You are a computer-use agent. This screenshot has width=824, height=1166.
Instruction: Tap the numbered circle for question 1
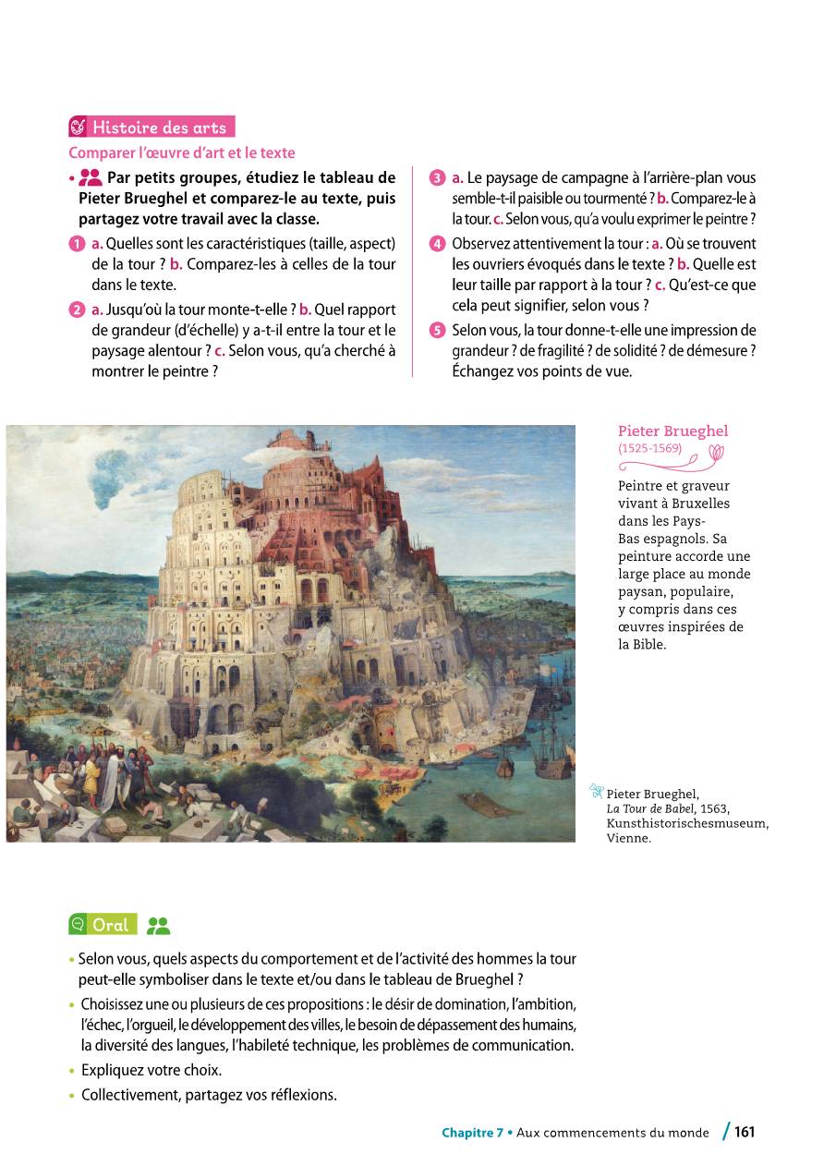point(76,244)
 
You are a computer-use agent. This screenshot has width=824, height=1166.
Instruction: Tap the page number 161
point(745,1132)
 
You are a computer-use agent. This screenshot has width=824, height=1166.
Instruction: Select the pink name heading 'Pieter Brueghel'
point(673,431)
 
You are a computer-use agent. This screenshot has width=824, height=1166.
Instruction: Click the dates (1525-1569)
point(649,449)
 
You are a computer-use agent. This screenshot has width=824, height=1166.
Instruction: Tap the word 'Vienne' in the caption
point(629,839)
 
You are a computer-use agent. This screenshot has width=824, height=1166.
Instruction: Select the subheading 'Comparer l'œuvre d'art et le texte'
point(182,152)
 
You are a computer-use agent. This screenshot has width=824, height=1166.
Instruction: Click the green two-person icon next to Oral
point(159,925)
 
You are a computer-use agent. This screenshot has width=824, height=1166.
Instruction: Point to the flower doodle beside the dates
point(717,451)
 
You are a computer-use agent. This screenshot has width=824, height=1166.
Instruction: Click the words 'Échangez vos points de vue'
point(542,371)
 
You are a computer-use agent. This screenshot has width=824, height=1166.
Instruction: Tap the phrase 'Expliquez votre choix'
point(151,1071)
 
